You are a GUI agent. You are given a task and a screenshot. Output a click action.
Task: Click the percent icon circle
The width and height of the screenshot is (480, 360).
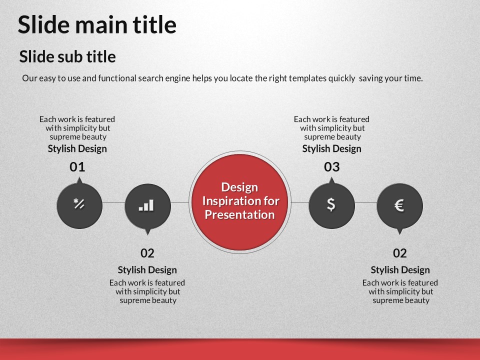point(79,205)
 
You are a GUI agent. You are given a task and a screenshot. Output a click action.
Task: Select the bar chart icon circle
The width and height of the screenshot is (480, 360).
point(147,206)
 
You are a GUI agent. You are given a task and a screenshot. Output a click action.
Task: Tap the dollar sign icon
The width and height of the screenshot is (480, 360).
point(331,204)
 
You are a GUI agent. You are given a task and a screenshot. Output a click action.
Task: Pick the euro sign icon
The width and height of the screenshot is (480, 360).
point(399,205)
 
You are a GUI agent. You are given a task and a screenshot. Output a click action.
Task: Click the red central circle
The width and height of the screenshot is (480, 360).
point(239,202)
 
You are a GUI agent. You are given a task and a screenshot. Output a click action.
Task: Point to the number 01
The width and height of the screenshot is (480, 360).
point(77,167)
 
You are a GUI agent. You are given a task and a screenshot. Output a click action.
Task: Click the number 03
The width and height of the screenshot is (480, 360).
point(332,167)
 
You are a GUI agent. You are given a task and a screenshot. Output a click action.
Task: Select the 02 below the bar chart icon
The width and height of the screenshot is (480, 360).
point(147,253)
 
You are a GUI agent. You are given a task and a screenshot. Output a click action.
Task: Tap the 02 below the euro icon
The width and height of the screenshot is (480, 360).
point(400,253)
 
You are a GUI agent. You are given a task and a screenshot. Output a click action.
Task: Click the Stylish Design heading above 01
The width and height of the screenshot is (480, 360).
point(77,149)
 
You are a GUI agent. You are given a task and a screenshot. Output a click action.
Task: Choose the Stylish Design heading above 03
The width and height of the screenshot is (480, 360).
point(332,149)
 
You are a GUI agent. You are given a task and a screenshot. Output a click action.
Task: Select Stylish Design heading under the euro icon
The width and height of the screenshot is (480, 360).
point(400,270)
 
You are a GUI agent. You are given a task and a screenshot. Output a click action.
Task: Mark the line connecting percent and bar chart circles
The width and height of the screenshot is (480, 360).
point(113,202)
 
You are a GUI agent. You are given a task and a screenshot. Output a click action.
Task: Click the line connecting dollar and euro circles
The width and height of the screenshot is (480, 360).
point(366,202)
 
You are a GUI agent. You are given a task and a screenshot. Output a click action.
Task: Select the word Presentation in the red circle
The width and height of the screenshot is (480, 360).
point(239,214)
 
